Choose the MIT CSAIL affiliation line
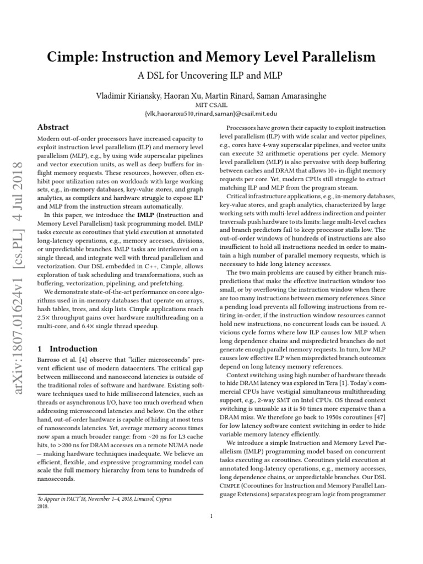point(211,105)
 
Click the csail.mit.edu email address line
point(211,113)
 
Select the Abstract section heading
point(52,127)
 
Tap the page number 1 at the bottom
point(211,516)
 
